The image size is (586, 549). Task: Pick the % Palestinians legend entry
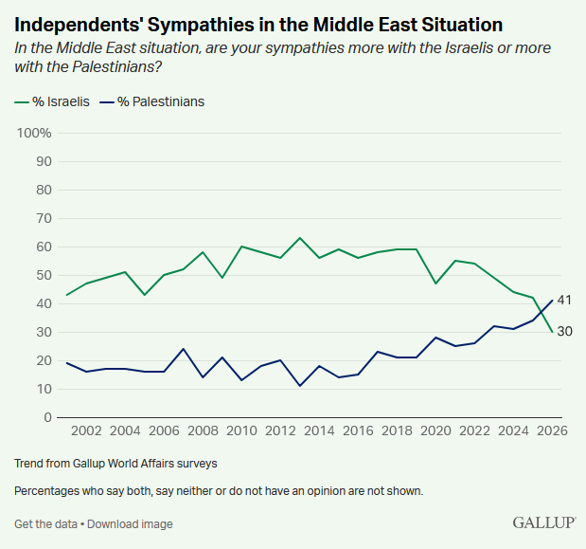click(x=152, y=101)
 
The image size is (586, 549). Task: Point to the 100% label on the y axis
click(x=34, y=133)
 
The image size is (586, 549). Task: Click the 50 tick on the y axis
click(x=43, y=275)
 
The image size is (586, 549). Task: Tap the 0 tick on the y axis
click(x=46, y=417)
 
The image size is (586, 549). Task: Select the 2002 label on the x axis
click(x=86, y=431)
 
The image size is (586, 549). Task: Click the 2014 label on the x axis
click(x=319, y=431)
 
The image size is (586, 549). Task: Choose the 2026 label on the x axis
click(x=552, y=431)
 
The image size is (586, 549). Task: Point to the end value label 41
click(x=564, y=301)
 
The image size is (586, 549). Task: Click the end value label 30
click(x=564, y=332)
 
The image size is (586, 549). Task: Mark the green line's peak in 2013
click(x=300, y=238)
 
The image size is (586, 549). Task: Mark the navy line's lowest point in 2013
click(x=300, y=386)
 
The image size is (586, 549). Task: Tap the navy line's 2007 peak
click(x=184, y=349)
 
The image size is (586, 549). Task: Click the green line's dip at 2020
click(x=435, y=284)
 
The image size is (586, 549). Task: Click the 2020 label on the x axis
click(x=435, y=431)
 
